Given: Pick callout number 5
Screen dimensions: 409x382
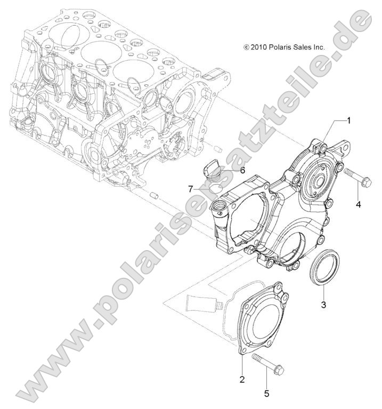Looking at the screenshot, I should [x=267, y=394].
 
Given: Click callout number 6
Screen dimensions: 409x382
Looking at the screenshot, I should [x=242, y=171].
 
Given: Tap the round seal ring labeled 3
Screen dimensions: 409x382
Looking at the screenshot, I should [x=324, y=270].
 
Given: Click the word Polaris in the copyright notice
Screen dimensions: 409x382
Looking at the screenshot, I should [x=281, y=47].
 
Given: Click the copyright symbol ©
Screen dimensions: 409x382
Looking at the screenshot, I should [x=246, y=47].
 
